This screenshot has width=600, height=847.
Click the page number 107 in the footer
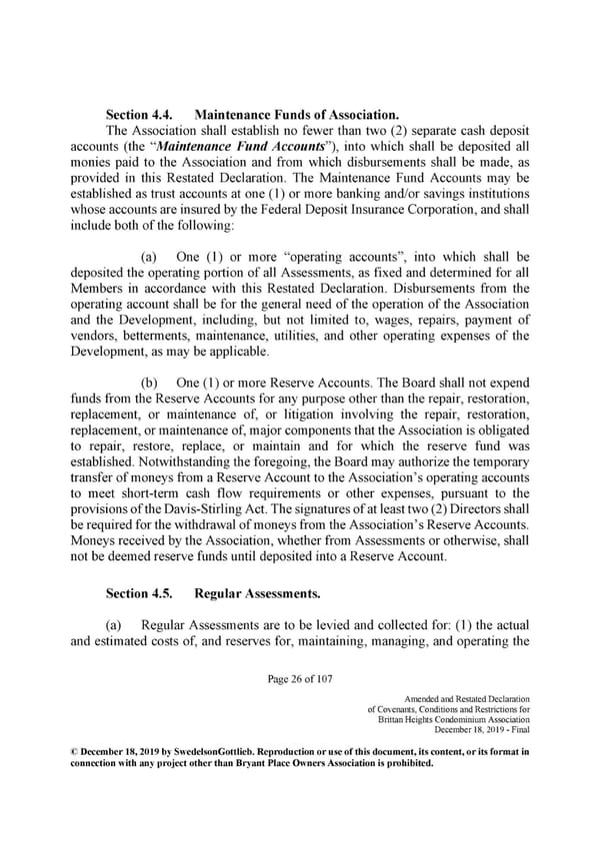(x=323, y=680)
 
